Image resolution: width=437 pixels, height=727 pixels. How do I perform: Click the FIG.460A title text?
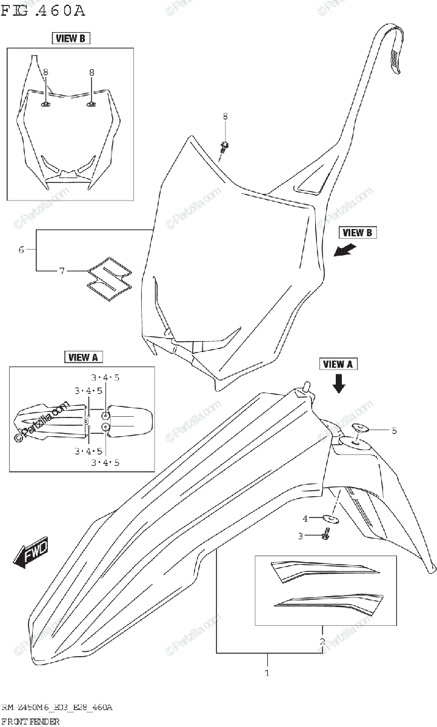tap(43, 10)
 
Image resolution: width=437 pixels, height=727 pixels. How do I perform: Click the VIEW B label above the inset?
tap(70, 39)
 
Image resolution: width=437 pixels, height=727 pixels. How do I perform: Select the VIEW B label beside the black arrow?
tap(357, 232)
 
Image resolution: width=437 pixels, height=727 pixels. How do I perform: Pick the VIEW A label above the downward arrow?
tap(338, 364)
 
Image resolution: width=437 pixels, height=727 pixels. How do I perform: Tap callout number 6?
tap(21, 250)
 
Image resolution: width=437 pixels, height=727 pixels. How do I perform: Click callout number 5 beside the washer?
tap(394, 431)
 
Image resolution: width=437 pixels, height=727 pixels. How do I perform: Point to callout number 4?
tap(305, 518)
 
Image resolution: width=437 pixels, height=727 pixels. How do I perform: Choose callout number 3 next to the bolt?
tap(299, 535)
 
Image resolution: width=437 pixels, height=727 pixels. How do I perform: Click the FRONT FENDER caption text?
tap(30, 721)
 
